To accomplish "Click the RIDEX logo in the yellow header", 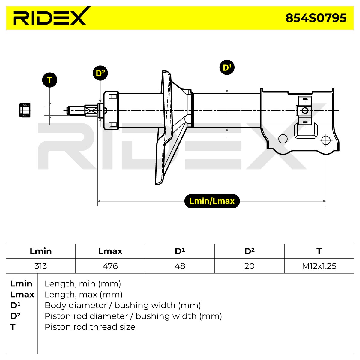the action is coord(50,17).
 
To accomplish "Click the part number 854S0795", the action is coord(316,18).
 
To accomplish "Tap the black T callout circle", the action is coord(50,80).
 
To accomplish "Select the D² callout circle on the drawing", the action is coord(100,73).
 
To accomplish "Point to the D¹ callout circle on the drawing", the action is coord(227,67).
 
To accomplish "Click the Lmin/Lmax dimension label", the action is coord(212,201).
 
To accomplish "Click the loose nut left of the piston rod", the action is coord(25,110).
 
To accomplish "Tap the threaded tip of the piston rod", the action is coord(76,111).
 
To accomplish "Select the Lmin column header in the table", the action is coord(41,251).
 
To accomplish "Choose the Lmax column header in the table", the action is coord(110,251).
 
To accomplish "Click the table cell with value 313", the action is coord(41,266).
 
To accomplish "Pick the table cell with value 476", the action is coord(110,266).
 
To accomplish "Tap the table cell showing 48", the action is coord(180,266).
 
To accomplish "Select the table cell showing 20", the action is coord(249,266).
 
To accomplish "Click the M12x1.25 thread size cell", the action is coord(319,266).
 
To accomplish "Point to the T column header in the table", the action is coord(319,251).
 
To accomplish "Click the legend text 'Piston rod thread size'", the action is coord(90,327).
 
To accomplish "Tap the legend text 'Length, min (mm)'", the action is coord(83,284).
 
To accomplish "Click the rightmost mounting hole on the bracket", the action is coord(326,140).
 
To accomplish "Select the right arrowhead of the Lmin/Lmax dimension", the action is coord(325,201).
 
